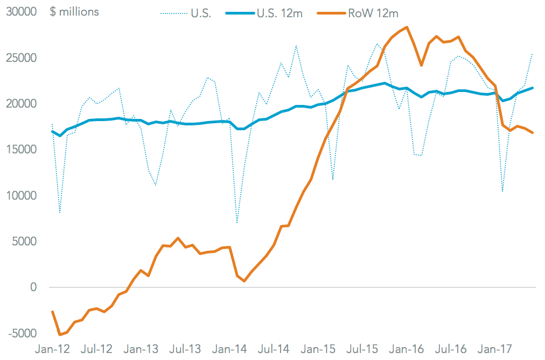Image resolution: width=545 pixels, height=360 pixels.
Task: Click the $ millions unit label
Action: (74, 12)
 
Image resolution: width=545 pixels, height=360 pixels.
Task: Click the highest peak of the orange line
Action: (407, 27)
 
